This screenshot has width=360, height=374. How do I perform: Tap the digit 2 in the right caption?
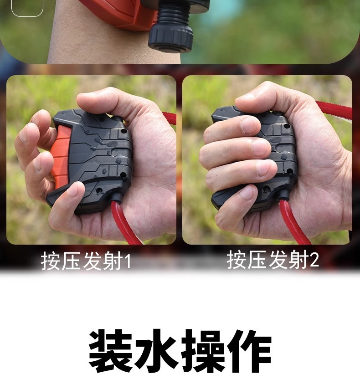(x=314, y=261)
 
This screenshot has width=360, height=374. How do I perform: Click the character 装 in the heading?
(x=110, y=351)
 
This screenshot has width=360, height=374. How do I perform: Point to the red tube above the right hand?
(x=335, y=110)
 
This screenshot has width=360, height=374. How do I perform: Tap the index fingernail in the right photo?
(x=250, y=125)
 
